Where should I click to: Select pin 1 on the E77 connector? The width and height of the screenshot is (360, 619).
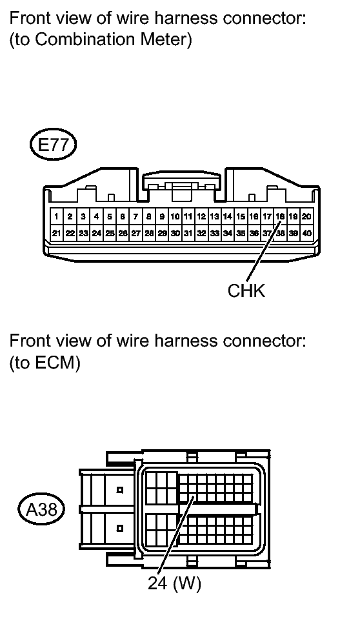pyautogui.click(x=57, y=216)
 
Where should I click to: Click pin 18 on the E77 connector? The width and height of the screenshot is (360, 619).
pyautogui.click(x=280, y=216)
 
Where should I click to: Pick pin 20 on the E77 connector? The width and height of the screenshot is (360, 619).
pyautogui.click(x=306, y=216)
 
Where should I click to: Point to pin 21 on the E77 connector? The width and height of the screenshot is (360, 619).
pyautogui.click(x=57, y=233)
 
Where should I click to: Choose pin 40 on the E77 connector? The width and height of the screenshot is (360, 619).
pyautogui.click(x=306, y=233)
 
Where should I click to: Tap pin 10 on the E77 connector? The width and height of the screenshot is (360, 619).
pyautogui.click(x=175, y=216)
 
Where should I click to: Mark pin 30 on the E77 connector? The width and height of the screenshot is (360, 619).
pyautogui.click(x=175, y=233)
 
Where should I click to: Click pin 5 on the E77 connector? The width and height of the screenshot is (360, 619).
pyautogui.click(x=109, y=216)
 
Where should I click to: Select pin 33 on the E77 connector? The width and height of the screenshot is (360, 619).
pyautogui.click(x=214, y=233)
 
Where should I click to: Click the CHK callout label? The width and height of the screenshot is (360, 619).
pyautogui.click(x=246, y=291)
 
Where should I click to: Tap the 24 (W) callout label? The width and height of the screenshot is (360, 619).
pyautogui.click(x=174, y=583)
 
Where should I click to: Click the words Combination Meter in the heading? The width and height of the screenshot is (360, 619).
pyautogui.click(x=114, y=39)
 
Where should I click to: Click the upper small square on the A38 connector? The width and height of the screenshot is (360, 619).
pyautogui.click(x=120, y=490)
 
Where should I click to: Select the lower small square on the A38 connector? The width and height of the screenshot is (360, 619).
pyautogui.click(x=120, y=528)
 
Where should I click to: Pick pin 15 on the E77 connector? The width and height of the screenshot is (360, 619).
pyautogui.click(x=241, y=216)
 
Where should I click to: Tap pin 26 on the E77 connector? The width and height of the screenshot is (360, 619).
pyautogui.click(x=123, y=233)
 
